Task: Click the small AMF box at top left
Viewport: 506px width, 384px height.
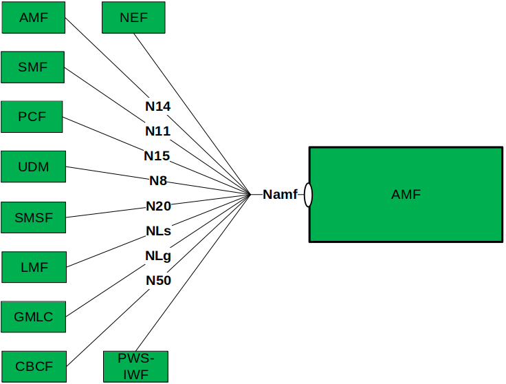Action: [34, 17]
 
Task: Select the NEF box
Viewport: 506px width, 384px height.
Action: [133, 17]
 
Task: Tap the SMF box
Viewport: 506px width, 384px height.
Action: [34, 67]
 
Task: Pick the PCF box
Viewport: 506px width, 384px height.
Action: [32, 116]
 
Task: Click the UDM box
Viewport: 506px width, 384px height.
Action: [34, 167]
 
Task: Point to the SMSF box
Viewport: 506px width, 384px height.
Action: [34, 218]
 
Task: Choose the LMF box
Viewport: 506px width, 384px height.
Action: [34, 268]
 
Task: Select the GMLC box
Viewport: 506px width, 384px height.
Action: [34, 317]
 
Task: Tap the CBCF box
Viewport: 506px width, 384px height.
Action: [34, 366]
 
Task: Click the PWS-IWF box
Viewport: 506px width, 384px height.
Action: [135, 366]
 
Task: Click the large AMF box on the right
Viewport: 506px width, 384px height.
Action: [406, 195]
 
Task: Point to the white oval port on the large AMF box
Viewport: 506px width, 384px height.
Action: [308, 195]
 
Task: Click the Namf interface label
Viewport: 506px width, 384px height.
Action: [280, 195]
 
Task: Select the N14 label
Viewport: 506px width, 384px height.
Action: [157, 106]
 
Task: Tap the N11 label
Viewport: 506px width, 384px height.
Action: [157, 131]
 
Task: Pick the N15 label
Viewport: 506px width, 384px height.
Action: [157, 156]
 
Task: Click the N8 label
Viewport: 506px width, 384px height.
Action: [158, 181]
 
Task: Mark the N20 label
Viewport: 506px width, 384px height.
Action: [158, 206]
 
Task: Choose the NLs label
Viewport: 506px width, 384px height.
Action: [158, 231]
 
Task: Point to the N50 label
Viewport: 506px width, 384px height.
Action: [158, 280]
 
